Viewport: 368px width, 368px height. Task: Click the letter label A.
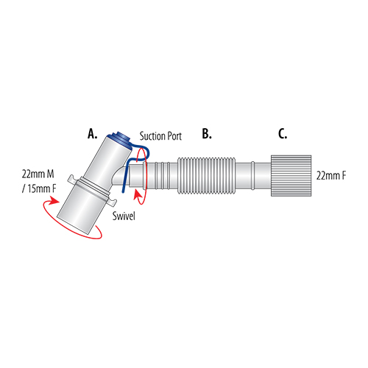(92, 134)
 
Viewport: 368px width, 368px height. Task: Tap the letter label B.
(207, 134)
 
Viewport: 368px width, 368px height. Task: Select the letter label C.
(283, 134)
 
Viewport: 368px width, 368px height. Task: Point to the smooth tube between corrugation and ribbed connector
(254, 177)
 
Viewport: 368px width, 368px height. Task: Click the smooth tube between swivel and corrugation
(163, 177)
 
